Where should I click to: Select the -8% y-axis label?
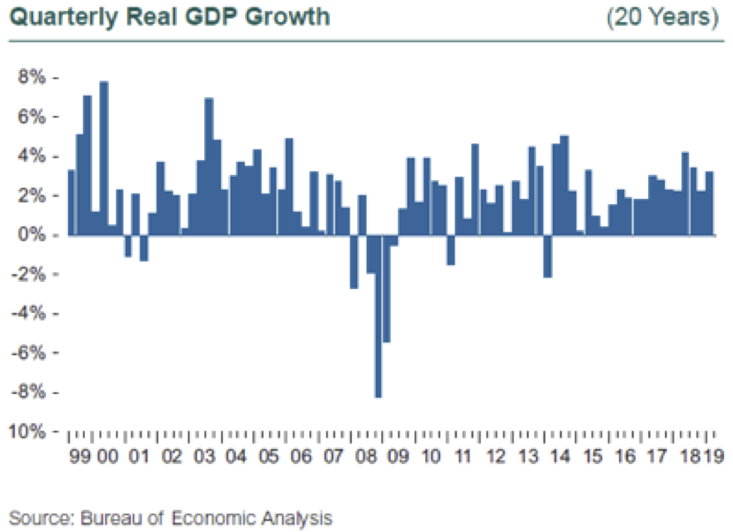point(30,391)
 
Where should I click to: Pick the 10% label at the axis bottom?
point(27,431)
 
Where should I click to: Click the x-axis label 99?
point(78,458)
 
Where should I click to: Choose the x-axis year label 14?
point(559,458)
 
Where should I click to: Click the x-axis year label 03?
point(204,458)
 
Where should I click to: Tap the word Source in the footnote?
point(33,517)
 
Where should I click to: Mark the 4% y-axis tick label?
point(32,156)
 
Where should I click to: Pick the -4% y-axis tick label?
point(30,313)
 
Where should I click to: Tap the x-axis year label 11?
point(462,458)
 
